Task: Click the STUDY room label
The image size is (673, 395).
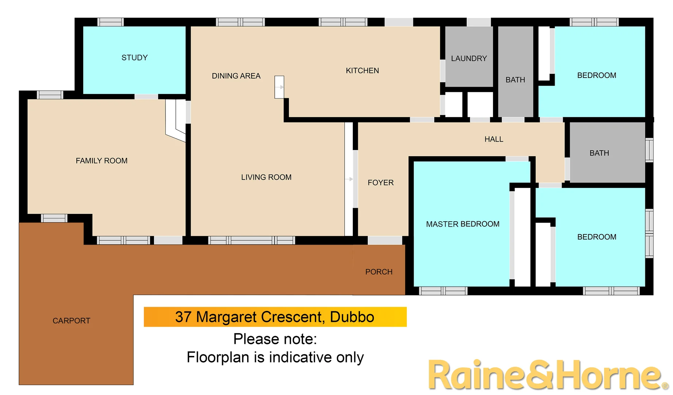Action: click(x=134, y=58)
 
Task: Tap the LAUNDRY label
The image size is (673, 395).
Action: click(x=469, y=59)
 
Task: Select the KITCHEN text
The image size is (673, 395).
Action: click(x=362, y=71)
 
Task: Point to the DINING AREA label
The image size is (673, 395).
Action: click(x=236, y=76)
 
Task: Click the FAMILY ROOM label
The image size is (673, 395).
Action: click(x=102, y=161)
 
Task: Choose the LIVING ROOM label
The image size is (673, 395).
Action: click(x=266, y=177)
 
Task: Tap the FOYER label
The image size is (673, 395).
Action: click(x=381, y=183)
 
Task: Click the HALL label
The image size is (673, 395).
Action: click(x=494, y=139)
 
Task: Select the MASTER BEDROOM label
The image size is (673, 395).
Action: click(x=463, y=224)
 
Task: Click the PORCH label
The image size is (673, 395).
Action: click(x=379, y=272)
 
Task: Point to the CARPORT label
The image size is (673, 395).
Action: click(x=71, y=321)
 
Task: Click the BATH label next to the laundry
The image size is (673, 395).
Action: click(x=515, y=80)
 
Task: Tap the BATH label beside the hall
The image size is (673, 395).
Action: click(x=599, y=153)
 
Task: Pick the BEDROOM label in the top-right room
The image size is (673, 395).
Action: click(x=597, y=75)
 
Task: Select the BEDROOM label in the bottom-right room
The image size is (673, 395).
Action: click(x=597, y=237)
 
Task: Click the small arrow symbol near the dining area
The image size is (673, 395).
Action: click(x=279, y=87)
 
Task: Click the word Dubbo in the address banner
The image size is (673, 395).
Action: click(x=352, y=317)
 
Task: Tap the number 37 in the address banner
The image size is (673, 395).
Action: click(x=183, y=317)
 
